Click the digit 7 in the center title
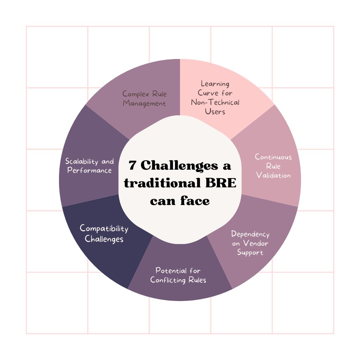pos(133,166)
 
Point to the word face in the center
pos(195,201)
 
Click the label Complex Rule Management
pos(144,98)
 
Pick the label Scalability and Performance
pos(89,166)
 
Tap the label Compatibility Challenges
pos(104,234)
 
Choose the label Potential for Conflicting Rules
pos(178,275)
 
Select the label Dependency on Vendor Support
pos(250,243)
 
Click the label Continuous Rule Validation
pos(273,166)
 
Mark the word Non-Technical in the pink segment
pos(215,102)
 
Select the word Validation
pos(273,175)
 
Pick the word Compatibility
pos(104,229)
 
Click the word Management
pos(144,103)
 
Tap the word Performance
pos(89,170)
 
